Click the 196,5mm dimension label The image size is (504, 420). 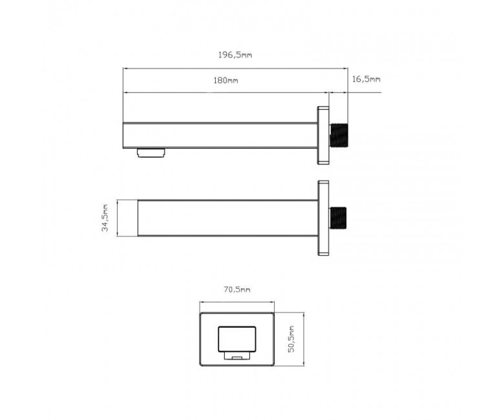point(235,55)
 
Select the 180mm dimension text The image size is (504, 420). point(226,80)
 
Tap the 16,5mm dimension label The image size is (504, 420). point(366,79)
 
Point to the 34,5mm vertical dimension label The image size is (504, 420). point(105,218)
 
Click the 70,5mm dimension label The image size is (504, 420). point(237,289)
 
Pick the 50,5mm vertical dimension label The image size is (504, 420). point(291,339)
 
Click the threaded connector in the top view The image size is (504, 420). point(339,136)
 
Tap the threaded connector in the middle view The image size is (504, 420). point(338,218)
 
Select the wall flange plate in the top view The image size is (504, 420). point(323,135)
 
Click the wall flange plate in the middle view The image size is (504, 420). point(323,218)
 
